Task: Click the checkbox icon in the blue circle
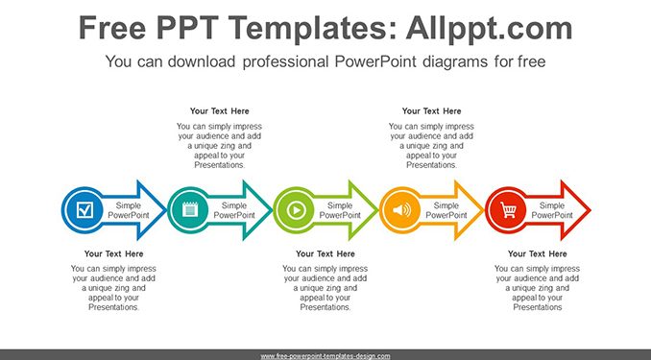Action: coord(84,210)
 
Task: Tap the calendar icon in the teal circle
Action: coord(190,210)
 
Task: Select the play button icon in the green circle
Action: coord(297,210)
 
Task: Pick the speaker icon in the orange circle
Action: coord(401,210)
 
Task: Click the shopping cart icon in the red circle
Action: coord(508,210)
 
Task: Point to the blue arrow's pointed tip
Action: coord(166,210)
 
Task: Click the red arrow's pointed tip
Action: coord(590,210)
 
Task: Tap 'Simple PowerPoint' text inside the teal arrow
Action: coord(234,210)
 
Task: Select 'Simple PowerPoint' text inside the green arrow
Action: coord(340,210)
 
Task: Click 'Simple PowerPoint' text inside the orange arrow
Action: coord(446,210)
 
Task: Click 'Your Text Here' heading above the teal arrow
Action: coord(220,111)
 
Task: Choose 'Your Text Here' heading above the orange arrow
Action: coord(432,111)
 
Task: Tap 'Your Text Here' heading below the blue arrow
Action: coord(113,253)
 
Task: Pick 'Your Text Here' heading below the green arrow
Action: coord(325,253)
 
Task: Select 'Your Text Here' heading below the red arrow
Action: coord(538,253)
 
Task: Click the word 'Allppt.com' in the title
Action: coord(489,28)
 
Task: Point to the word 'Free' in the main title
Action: coord(112,28)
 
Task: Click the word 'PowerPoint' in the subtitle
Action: coord(375,61)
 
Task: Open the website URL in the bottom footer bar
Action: coord(325,356)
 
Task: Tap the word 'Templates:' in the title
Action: coord(307,28)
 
